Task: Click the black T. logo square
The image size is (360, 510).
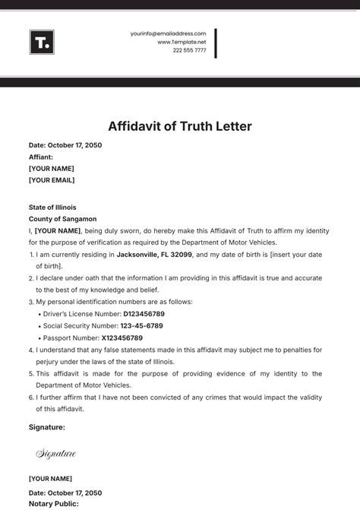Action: point(42,42)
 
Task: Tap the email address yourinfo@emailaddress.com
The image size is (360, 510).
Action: point(168,33)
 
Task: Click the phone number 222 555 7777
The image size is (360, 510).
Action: point(189,50)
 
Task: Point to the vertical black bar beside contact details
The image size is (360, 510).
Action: point(216,43)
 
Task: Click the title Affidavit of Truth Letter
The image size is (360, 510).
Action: point(180,125)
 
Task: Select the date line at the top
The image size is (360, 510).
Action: point(65,145)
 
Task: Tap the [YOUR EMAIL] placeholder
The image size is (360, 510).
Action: point(52,180)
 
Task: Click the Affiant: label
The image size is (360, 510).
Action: point(41,157)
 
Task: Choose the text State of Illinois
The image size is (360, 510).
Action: point(52,207)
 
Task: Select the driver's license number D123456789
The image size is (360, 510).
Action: point(133,313)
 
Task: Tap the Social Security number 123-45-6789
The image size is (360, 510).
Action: point(144,325)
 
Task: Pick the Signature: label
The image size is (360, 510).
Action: point(47,427)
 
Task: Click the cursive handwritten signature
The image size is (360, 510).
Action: point(56,454)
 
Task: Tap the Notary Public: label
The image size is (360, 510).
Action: point(53,503)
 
